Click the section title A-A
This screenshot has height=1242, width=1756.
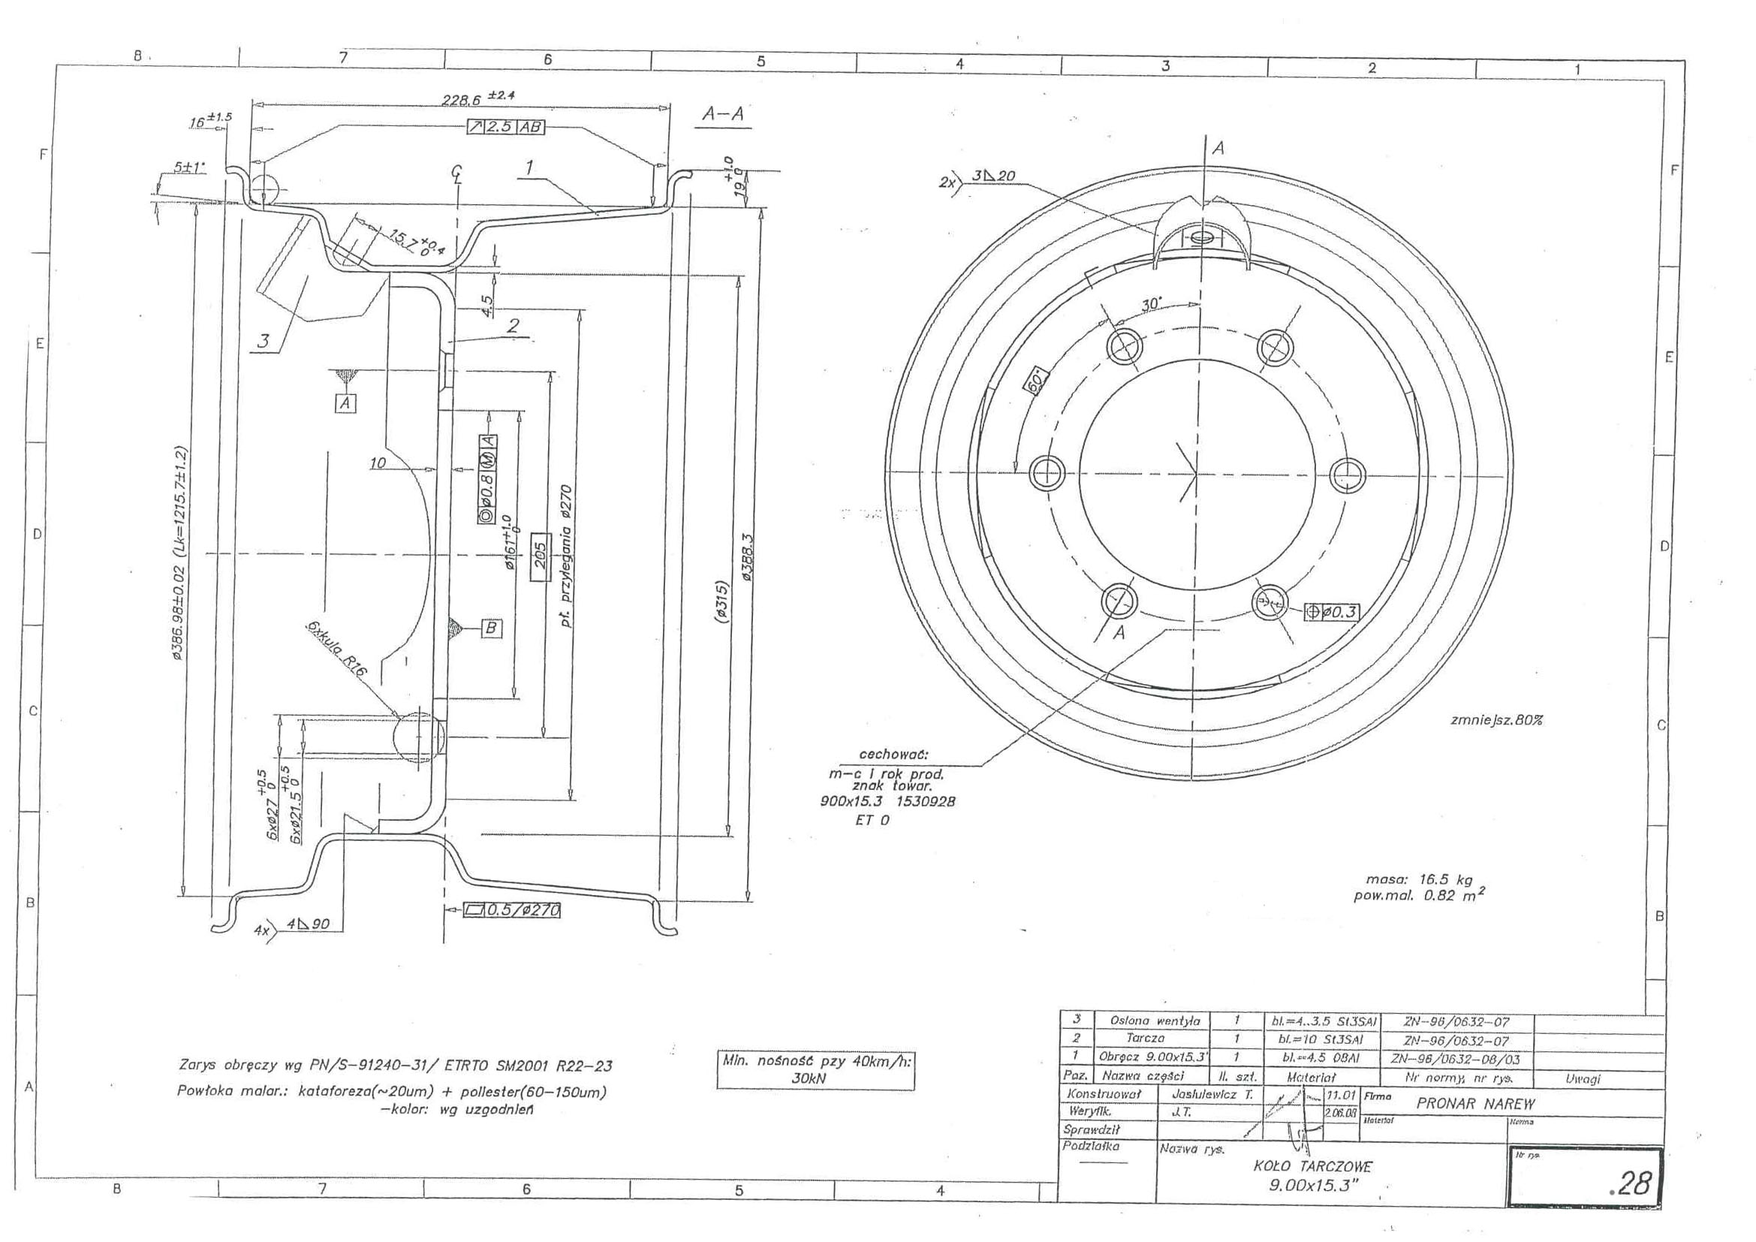pos(723,114)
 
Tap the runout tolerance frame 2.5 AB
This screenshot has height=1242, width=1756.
pos(505,127)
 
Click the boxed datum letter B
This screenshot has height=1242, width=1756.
pos(491,629)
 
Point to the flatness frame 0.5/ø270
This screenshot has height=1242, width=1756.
pos(512,910)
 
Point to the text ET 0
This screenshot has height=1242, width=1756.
pos(871,820)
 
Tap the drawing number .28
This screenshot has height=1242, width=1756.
pos(1630,1183)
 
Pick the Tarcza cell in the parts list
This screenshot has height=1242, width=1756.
pos(1145,1038)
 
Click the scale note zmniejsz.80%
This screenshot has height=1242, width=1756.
pos(1496,719)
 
